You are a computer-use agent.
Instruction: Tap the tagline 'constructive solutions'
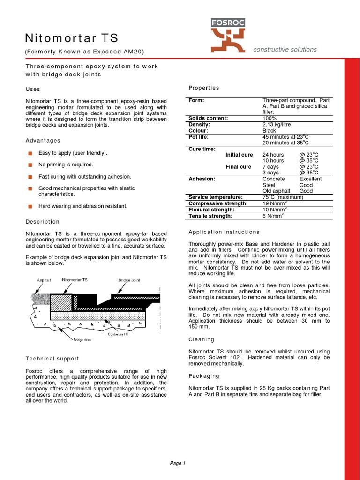click(285, 49)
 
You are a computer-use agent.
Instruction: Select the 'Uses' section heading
click(32, 89)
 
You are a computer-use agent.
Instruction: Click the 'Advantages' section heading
click(43, 141)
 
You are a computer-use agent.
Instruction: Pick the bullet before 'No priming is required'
click(30, 165)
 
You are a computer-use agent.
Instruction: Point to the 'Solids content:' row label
click(208, 118)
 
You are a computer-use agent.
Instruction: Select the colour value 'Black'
click(270, 131)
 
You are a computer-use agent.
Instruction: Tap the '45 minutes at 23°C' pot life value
click(285, 137)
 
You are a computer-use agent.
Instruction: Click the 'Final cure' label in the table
click(239, 167)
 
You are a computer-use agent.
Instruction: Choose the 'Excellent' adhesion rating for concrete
click(310, 179)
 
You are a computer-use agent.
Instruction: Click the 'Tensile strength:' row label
click(210, 216)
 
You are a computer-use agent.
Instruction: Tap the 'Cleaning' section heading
click(201, 339)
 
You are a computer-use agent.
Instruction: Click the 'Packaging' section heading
click(203, 376)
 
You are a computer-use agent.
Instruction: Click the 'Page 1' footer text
click(178, 463)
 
